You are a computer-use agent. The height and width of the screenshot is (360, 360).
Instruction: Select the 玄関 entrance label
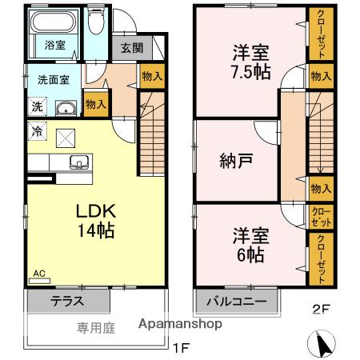(132, 47)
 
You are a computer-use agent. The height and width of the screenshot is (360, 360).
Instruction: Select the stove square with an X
(66, 136)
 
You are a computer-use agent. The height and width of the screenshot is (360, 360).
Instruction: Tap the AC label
(38, 273)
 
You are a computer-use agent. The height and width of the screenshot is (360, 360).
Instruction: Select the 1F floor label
(182, 349)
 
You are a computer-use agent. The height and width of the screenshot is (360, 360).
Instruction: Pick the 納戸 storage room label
(237, 159)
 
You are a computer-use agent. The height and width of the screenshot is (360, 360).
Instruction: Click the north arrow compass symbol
(322, 346)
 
